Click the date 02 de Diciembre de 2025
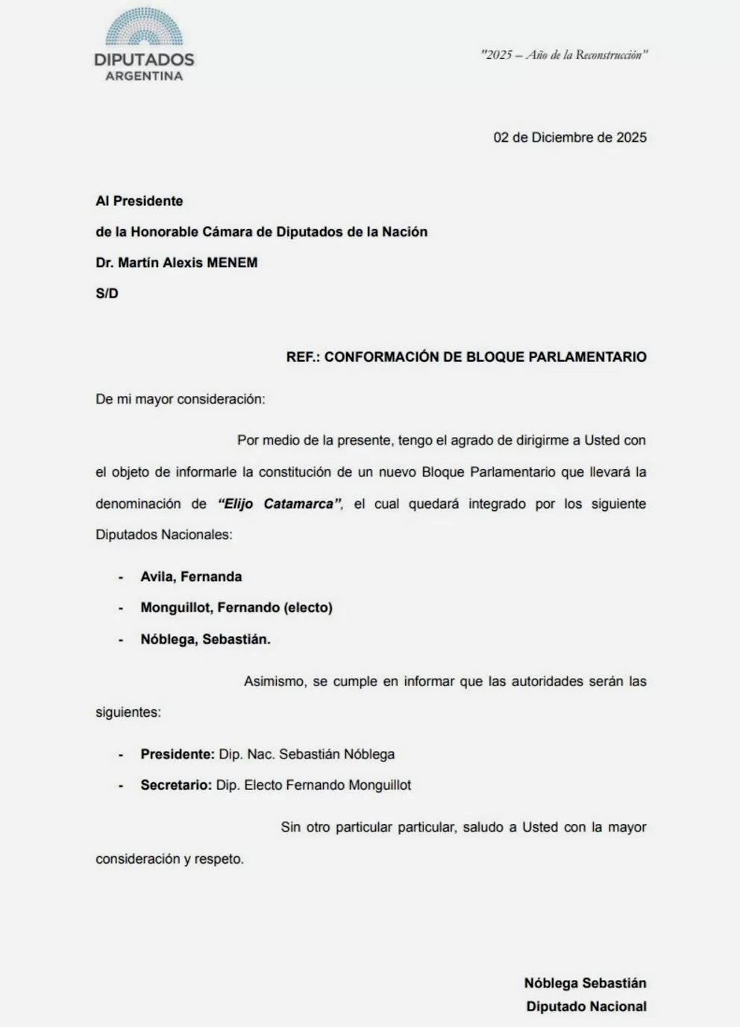pos(570,137)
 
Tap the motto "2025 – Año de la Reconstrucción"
pos(564,54)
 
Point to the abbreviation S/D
pos(107,293)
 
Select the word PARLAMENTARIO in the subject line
pos(587,357)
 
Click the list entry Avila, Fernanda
pos(191,577)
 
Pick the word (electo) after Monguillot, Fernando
pos(307,608)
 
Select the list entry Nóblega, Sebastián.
pos(205,639)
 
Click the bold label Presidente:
pos(178,754)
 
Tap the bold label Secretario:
pos(176,785)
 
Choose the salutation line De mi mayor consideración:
pos(180,399)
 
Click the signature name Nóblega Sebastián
pos(585,983)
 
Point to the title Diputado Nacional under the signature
pos(586,1006)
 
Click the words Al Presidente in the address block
pos(139,201)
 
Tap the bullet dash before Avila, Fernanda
pos(120,577)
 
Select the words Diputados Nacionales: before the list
pos(163,535)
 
